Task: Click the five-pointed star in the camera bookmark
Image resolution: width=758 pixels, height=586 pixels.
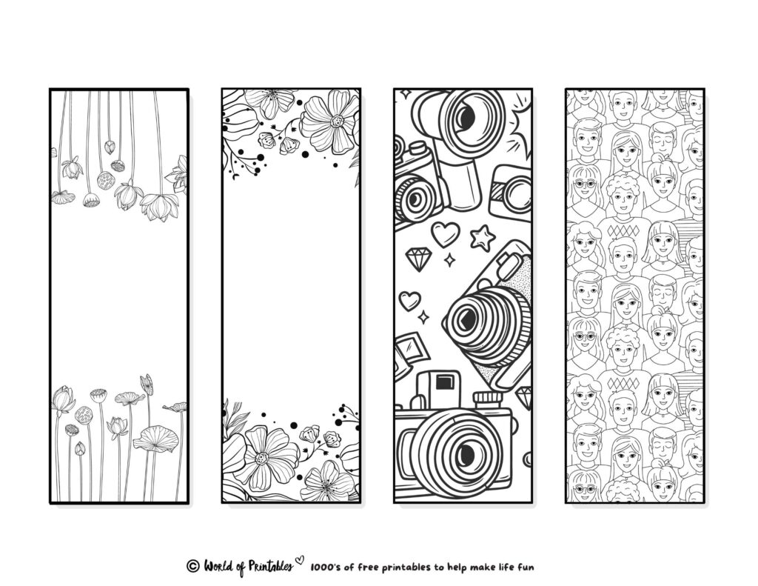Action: (482, 238)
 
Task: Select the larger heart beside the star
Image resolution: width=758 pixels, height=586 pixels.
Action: (445, 234)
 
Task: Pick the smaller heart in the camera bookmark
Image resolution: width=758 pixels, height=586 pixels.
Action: (409, 300)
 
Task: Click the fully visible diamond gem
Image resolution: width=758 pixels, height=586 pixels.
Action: (420, 259)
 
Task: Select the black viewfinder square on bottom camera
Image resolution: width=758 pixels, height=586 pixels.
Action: (446, 382)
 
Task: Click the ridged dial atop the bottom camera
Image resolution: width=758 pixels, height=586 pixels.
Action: (488, 399)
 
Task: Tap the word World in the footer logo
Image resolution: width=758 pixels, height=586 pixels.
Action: (219, 566)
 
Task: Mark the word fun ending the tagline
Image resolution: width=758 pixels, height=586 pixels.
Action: (526, 566)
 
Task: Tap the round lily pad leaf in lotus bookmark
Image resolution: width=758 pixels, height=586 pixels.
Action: (155, 439)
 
